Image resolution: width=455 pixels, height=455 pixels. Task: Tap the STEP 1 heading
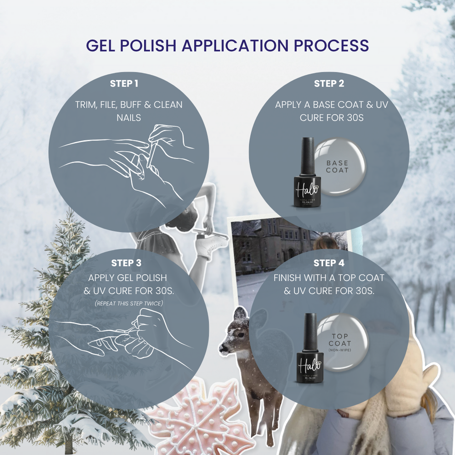click(124, 84)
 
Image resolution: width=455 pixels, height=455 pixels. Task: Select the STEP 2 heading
click(329, 84)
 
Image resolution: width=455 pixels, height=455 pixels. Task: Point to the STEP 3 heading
click(126, 263)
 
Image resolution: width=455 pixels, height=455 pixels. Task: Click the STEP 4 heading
click(329, 263)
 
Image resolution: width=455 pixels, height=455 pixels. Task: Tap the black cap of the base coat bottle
click(308, 155)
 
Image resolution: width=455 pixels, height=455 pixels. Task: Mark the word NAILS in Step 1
click(129, 117)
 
